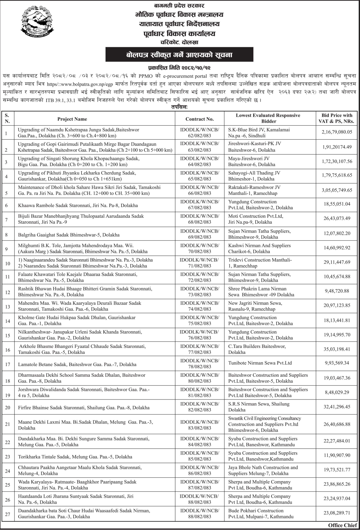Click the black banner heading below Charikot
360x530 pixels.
[x=179, y=55]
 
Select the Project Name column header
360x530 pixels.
[x=72, y=119]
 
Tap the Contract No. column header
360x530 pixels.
[x=200, y=119]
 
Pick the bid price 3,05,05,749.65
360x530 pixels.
[x=337, y=190]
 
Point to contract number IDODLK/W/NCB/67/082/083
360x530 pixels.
[x=200, y=205]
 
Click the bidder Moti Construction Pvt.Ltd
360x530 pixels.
[x=255, y=219]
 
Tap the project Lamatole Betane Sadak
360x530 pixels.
[x=77, y=364]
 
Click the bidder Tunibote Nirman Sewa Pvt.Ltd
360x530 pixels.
[x=260, y=363]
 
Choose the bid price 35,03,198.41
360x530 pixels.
[x=337, y=349]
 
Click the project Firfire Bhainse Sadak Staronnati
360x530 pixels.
[x=84, y=408]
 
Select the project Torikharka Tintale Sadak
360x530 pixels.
[x=75, y=457]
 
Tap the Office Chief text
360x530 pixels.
[x=342, y=525]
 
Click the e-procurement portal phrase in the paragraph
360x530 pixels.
[x=185, y=76]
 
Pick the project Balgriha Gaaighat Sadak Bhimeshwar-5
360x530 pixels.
[x=69, y=235]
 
